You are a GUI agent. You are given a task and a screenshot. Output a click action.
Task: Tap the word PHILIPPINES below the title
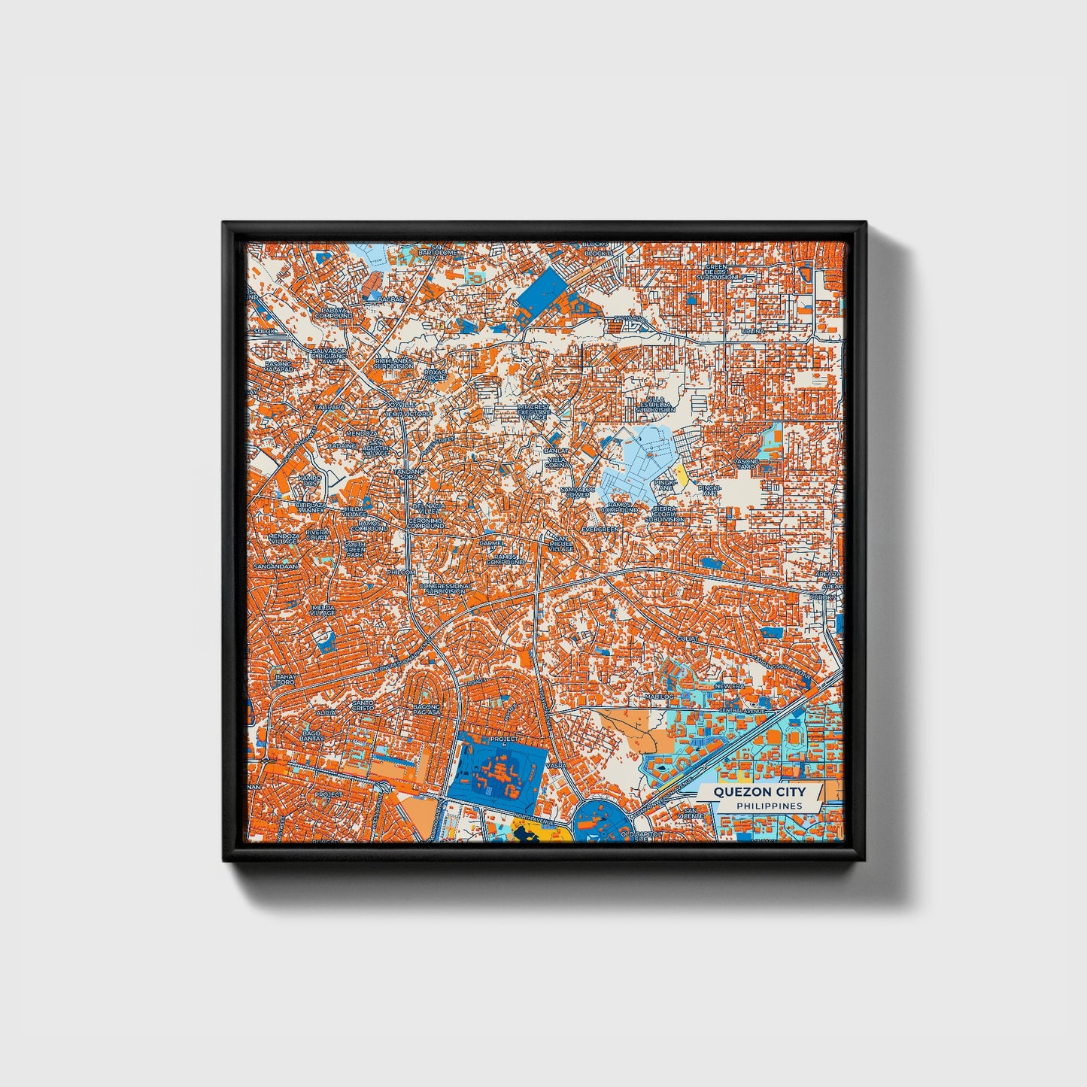pos(769,806)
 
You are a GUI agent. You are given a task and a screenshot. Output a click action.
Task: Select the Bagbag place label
pos(391,299)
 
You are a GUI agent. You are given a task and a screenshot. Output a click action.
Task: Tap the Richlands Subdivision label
pos(393,363)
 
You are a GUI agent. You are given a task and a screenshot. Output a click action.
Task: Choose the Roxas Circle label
pos(435,374)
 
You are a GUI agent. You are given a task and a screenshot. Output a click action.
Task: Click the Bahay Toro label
pos(285,679)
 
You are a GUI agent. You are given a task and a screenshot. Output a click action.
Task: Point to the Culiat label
pos(688,639)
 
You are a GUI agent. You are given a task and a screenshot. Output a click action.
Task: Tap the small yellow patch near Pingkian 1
pos(682,473)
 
